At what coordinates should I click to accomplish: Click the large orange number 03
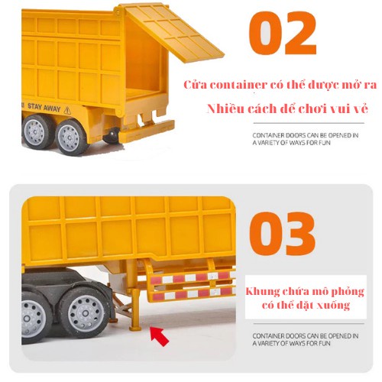(282, 234)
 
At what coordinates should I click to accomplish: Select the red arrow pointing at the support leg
(160, 334)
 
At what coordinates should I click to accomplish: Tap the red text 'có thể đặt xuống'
(304, 306)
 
